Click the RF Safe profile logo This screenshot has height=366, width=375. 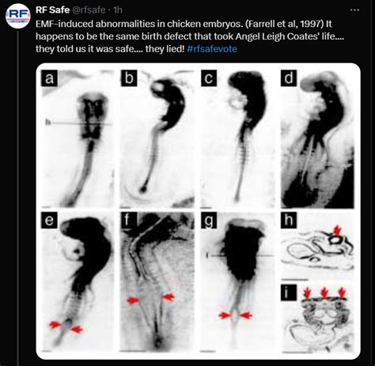pos(18,16)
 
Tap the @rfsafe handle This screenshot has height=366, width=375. pos(89,10)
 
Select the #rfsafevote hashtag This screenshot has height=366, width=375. pos(212,49)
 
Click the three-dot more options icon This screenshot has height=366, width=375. pos(354,10)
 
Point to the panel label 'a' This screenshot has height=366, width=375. pos(49,78)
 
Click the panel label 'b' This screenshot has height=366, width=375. pos(129,78)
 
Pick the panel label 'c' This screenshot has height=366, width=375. pos(209,78)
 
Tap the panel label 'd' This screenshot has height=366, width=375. pos(289,78)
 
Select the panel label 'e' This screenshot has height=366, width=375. pos(49,220)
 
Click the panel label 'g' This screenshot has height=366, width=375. pos(209,220)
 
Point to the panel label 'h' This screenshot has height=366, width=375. pos(289,220)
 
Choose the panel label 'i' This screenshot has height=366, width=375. pos(289,292)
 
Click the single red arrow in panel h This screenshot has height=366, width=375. pos(337,231)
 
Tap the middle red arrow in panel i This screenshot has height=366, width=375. pos(324,292)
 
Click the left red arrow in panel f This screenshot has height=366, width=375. pos(133,300)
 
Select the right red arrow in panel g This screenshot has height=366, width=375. pos(246,315)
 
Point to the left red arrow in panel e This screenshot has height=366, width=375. pos(55,325)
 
